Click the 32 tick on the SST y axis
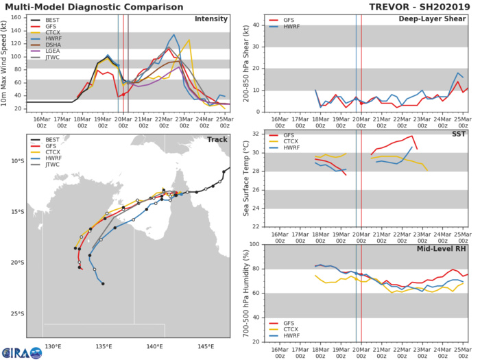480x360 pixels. point(255,133)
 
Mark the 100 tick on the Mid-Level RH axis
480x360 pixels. point(252,245)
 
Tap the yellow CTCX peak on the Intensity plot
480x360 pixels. point(189,40)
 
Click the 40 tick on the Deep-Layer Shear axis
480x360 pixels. point(255,25)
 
